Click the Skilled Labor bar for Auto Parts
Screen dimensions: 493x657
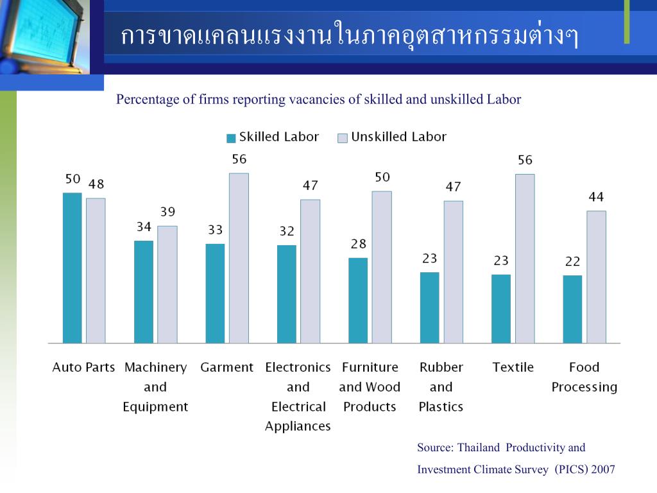(x=73, y=268)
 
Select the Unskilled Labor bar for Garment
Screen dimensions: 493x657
(x=239, y=258)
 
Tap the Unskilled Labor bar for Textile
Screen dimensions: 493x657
(x=525, y=259)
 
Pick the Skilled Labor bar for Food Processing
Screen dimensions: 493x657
(x=572, y=309)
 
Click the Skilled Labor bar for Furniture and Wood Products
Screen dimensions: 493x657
(x=358, y=300)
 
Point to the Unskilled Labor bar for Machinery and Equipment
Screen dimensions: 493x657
(x=167, y=284)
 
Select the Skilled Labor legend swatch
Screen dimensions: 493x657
(x=231, y=138)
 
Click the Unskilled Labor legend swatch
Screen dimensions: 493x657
(x=343, y=138)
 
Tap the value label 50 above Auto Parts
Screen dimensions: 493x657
(x=73, y=179)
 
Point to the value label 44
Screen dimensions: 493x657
(x=596, y=197)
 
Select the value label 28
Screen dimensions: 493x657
(x=358, y=244)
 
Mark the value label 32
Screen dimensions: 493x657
(x=287, y=231)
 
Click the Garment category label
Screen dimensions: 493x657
(x=227, y=368)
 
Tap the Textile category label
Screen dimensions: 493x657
(x=513, y=368)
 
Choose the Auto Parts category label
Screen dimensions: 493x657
(x=83, y=368)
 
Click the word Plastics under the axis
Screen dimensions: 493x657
(x=441, y=407)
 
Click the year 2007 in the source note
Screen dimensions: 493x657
(x=603, y=469)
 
